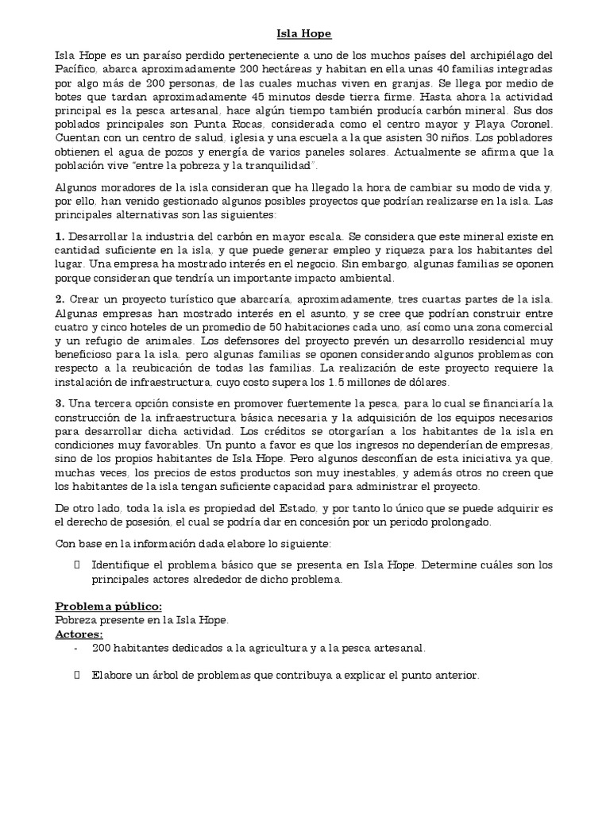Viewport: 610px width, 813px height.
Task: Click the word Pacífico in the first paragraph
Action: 74,67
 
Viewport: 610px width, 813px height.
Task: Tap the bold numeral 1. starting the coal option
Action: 60,236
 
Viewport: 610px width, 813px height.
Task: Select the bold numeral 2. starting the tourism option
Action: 60,298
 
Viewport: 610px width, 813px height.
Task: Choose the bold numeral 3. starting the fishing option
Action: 60,403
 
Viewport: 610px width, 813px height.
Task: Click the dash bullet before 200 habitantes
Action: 75,648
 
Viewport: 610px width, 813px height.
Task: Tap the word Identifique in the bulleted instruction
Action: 123,565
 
